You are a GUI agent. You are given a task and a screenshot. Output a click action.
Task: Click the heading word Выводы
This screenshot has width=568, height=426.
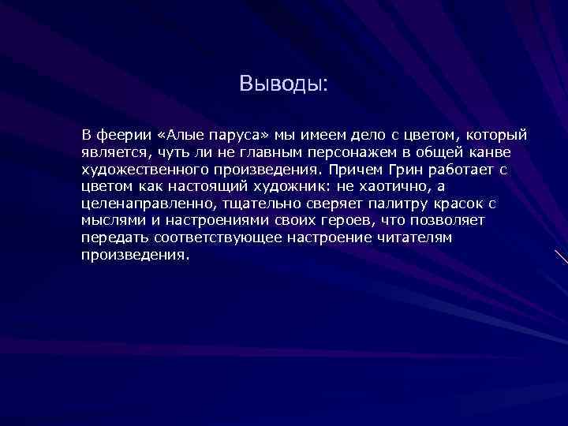281,84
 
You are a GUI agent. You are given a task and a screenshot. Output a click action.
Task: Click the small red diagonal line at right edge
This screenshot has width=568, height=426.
561,257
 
